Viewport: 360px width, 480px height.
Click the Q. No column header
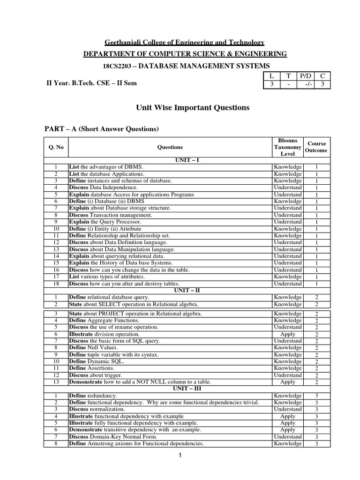coord(56,147)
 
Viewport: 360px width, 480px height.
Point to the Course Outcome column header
coord(316,147)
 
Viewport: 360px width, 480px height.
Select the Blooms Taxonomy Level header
coord(288,147)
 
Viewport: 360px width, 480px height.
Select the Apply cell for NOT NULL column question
coord(288,382)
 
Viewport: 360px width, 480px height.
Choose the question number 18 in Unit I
coord(55,284)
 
